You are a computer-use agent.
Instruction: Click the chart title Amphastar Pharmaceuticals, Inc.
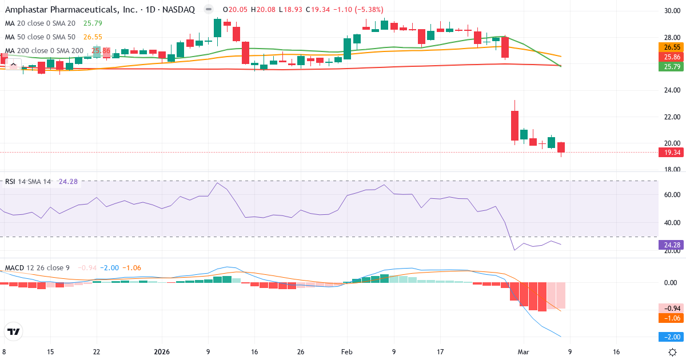(65, 10)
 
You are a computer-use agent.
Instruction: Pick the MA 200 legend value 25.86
(102, 51)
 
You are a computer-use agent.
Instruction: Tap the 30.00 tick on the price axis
(672, 11)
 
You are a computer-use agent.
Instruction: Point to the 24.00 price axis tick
(672, 90)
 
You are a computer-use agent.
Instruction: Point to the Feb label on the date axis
(346, 353)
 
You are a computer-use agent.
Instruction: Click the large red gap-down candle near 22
(514, 125)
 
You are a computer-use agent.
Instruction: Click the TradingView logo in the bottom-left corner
(14, 331)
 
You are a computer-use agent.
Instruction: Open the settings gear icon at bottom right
(673, 353)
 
